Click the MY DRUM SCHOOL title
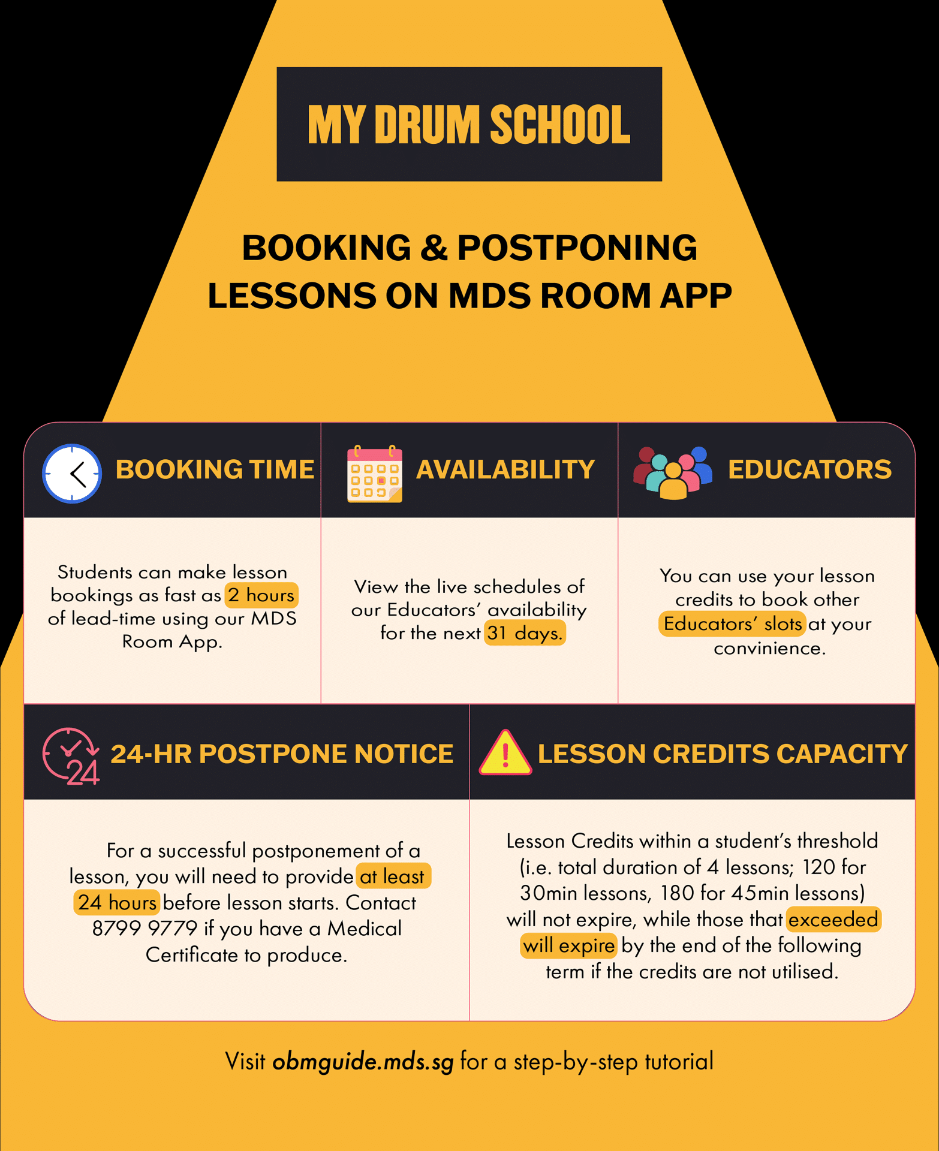[469, 125]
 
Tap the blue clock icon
[72, 474]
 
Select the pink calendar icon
[375, 474]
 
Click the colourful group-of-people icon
[673, 472]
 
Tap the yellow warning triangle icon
[505, 754]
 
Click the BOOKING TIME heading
[215, 469]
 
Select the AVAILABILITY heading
[505, 469]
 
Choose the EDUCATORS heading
[809, 469]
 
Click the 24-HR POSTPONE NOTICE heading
[282, 754]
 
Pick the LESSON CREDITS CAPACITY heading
[723, 754]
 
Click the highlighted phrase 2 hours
[261, 595]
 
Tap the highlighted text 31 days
[525, 633]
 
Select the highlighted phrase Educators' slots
[732, 624]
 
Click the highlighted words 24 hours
[117, 903]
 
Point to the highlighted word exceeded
[833, 920]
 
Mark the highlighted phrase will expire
[568, 946]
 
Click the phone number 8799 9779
[145, 929]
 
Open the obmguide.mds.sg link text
[363, 1062]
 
